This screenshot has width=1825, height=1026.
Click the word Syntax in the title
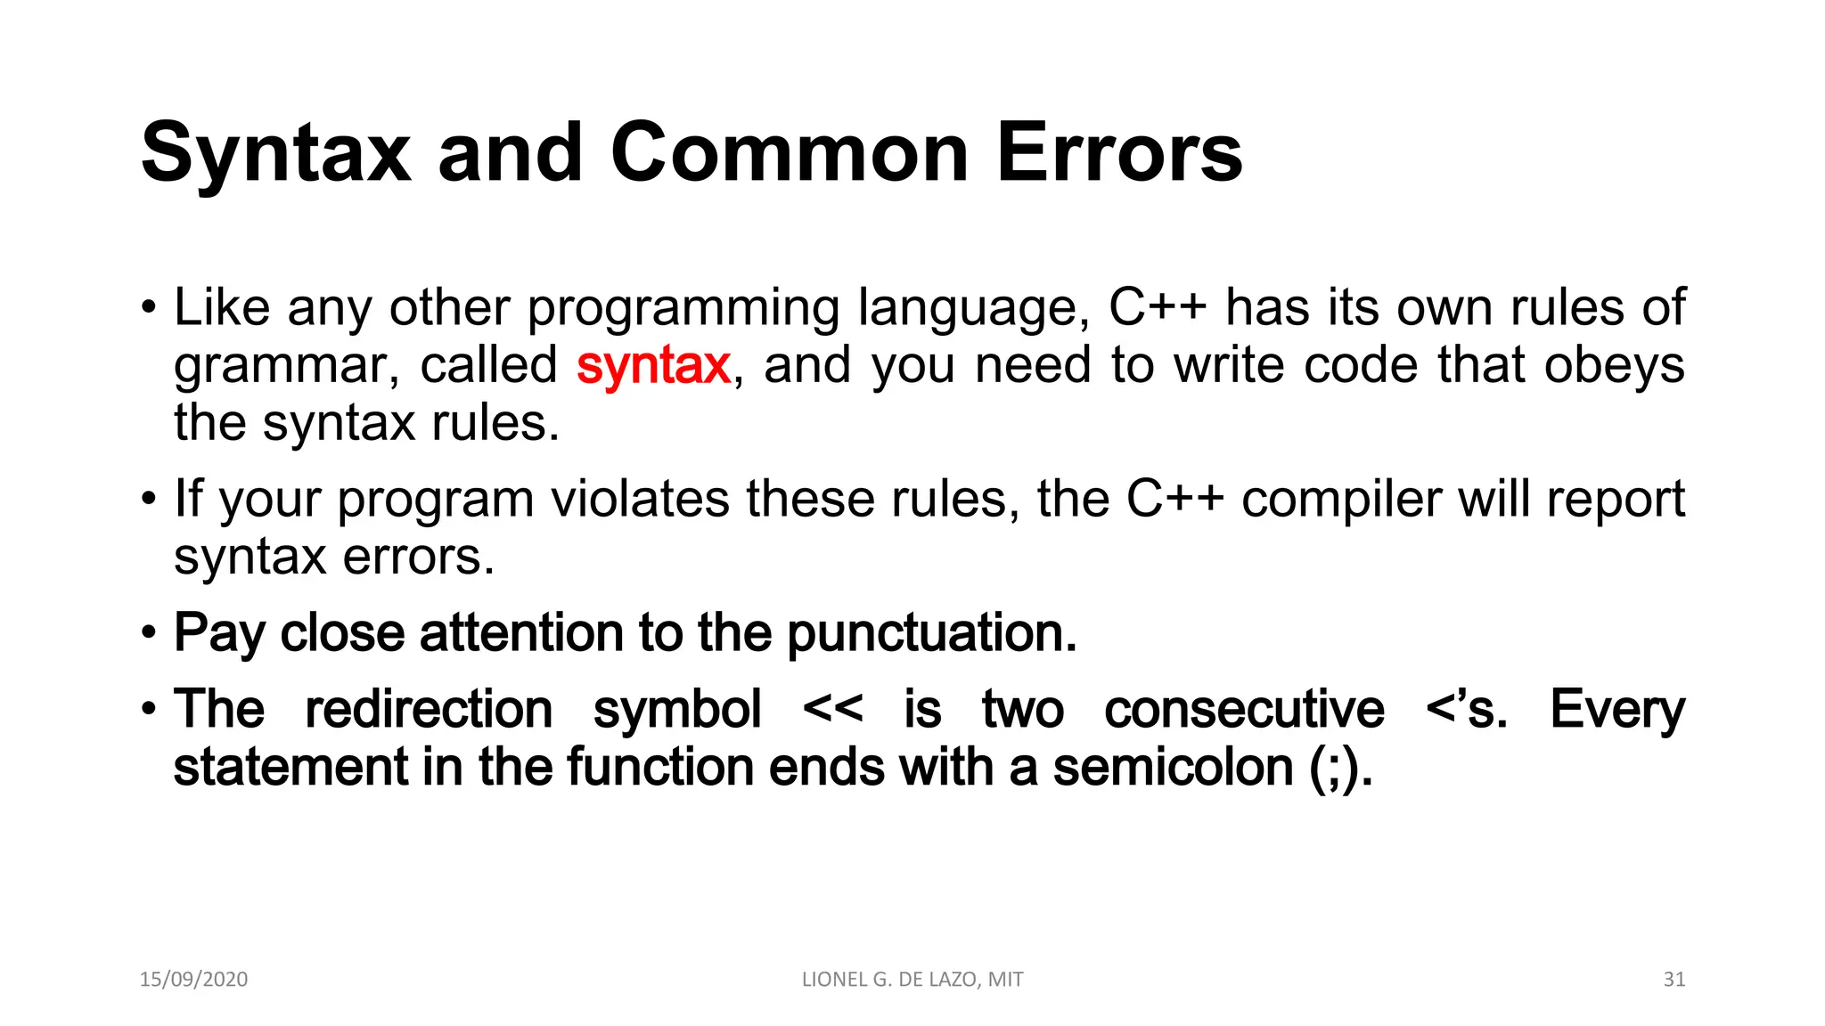[275, 153]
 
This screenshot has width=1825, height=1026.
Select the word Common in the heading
[789, 153]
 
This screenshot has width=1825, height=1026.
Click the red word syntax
[653, 365]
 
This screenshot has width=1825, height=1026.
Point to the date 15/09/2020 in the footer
[193, 979]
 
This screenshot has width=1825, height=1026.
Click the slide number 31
[1674, 979]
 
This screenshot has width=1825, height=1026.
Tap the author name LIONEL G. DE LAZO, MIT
[912, 979]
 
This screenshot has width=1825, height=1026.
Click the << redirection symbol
[832, 709]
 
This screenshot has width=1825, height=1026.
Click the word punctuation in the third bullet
[931, 633]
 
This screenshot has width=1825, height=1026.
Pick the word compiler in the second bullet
[1340, 499]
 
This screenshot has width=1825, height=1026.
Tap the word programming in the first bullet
[683, 307]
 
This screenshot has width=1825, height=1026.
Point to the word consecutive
[1244, 709]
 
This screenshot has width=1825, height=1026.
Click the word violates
[640, 499]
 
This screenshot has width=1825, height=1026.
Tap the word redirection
[429, 709]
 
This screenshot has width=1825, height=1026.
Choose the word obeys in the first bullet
[1614, 365]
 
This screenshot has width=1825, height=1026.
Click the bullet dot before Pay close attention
[149, 634]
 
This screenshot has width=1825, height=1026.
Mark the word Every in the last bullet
[1617, 709]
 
